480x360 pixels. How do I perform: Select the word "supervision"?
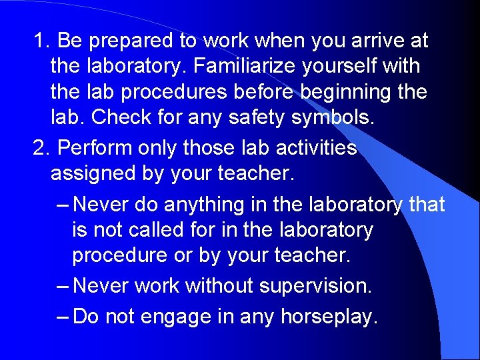315,286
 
